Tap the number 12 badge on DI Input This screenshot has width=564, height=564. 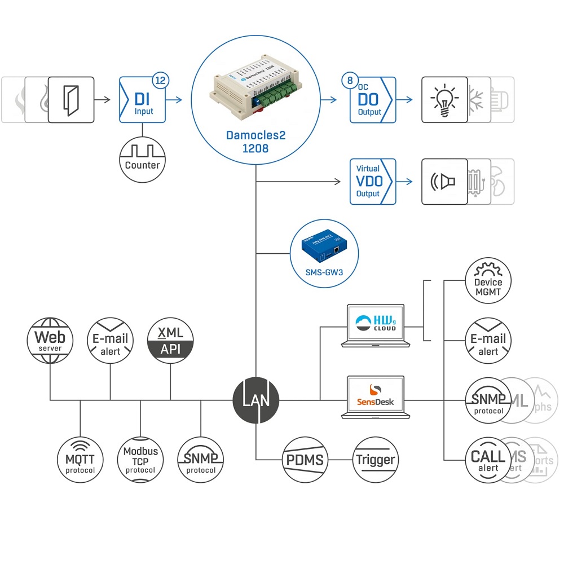pos(160,81)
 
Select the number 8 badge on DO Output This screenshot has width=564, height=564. pos(350,81)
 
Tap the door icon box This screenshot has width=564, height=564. pos(70,100)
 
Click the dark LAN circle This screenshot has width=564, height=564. pos(256,401)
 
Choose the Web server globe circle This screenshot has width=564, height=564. pos(50,341)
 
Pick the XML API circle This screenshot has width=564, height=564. pos(170,341)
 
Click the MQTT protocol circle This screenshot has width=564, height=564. pos(80,460)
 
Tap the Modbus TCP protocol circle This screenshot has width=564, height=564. pos(140,460)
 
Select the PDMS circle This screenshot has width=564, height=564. pos(305,460)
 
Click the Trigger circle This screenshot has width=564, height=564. pos(376,460)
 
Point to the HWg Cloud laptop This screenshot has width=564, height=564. pos(376,326)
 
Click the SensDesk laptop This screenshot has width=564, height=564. pos(376,397)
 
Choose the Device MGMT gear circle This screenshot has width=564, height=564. pos(488,282)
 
